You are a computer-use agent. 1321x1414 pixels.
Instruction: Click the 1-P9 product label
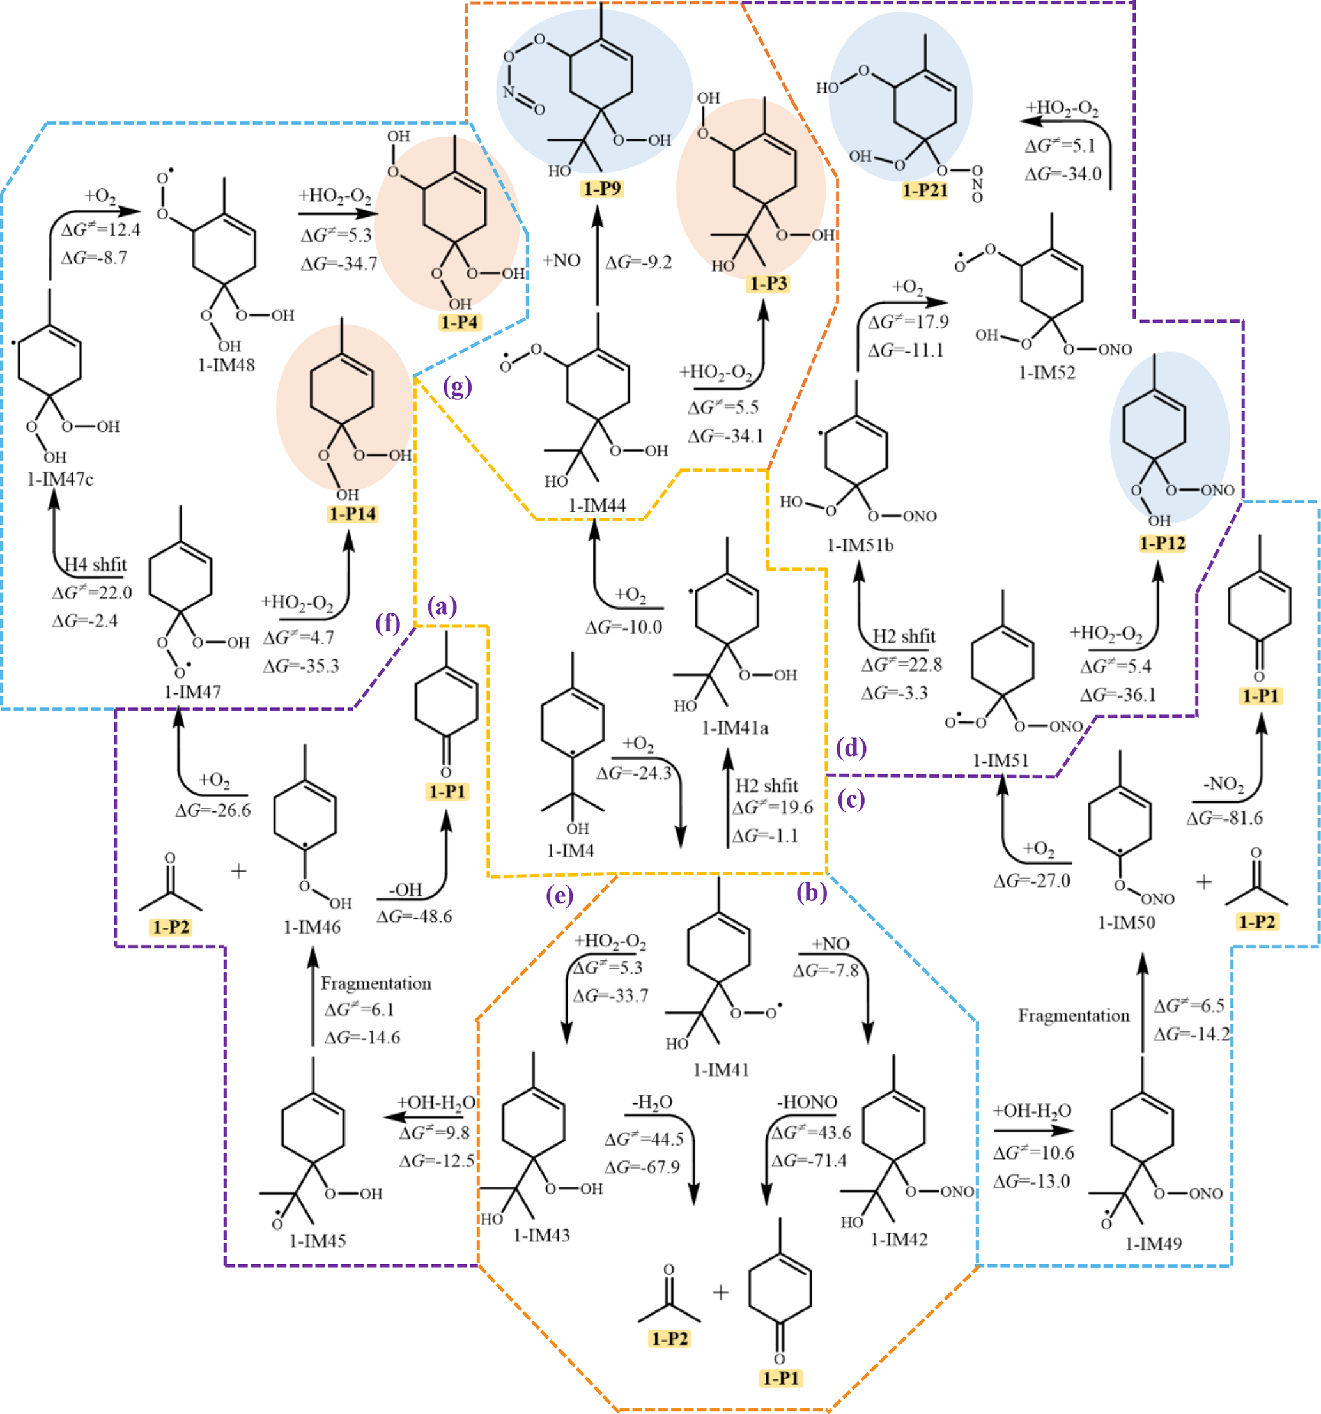(602, 188)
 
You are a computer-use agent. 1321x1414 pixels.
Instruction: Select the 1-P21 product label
(925, 190)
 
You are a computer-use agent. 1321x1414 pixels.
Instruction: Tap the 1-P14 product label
(352, 514)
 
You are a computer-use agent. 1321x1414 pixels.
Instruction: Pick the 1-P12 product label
(1163, 543)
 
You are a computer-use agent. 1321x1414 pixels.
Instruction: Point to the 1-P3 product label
(768, 284)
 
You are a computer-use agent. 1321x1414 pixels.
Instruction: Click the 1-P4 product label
(459, 322)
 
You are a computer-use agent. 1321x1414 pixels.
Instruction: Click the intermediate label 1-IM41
(722, 1070)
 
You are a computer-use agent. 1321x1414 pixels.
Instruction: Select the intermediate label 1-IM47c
(61, 479)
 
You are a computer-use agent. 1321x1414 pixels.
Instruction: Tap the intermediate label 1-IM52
(1046, 373)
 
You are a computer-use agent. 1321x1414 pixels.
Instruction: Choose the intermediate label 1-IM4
(570, 850)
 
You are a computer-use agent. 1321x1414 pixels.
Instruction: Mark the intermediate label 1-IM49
(1153, 1243)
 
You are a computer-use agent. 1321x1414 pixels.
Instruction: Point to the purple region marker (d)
(851, 748)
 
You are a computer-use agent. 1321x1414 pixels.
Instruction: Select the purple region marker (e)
(559, 895)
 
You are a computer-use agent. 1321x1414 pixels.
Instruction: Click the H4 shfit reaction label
(95, 565)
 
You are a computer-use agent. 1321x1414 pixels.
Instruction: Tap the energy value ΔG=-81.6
(1224, 818)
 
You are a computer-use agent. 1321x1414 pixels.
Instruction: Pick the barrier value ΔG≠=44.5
(643, 1139)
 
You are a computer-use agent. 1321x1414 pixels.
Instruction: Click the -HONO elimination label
(807, 1102)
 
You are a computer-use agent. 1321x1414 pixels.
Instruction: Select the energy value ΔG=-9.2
(638, 263)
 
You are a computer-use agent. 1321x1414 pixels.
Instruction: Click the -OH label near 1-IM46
(405, 890)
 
